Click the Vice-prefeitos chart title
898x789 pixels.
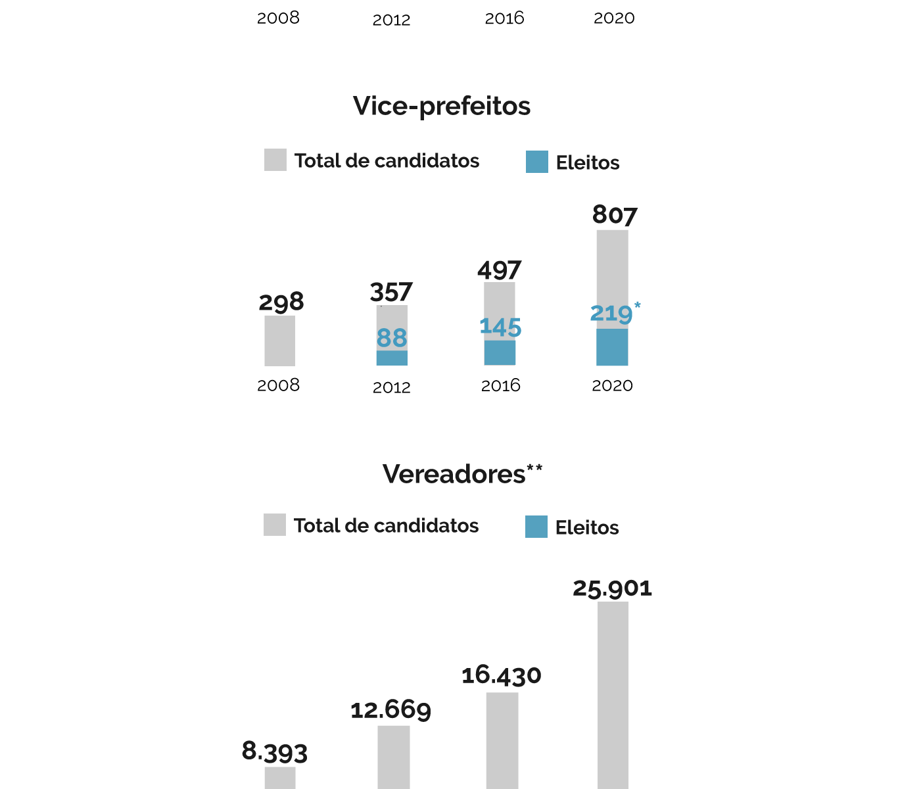441,106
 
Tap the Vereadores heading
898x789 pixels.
454,474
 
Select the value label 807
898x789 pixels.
615,215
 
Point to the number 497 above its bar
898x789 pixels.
500,270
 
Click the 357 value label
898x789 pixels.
391,292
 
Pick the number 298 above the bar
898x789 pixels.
281,302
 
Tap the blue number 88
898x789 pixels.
392,338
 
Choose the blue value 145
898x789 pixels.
500,327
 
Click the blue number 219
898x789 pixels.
611,314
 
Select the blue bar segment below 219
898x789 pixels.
612,347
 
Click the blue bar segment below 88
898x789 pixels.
392,358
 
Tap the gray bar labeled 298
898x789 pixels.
280,341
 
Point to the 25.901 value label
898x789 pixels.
612,588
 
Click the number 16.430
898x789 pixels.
502,675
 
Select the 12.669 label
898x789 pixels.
391,710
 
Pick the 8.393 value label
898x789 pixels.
275,752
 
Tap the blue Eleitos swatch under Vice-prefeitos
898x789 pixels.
537,162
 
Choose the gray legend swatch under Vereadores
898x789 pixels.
275,525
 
